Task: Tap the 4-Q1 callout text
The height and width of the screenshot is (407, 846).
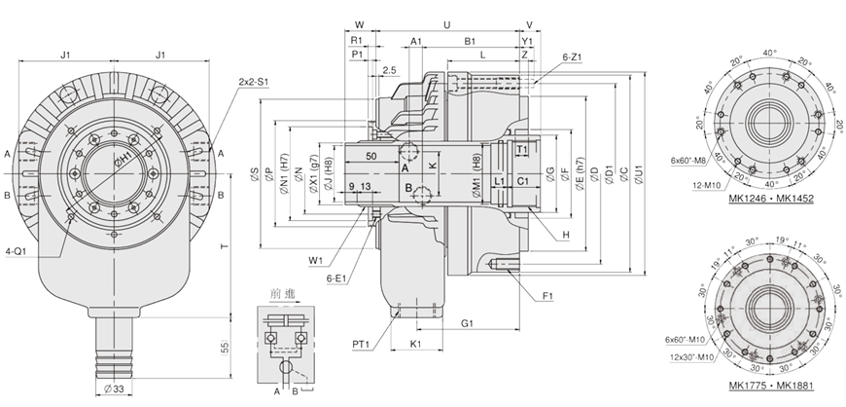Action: click(x=16, y=252)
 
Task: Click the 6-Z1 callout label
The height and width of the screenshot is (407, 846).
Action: click(x=572, y=57)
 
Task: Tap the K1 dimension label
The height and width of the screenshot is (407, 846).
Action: click(x=415, y=345)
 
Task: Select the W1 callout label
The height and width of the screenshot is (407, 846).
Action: click(x=315, y=259)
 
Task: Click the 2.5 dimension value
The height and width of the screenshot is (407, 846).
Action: click(x=389, y=70)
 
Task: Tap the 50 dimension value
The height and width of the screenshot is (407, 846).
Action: click(x=373, y=156)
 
